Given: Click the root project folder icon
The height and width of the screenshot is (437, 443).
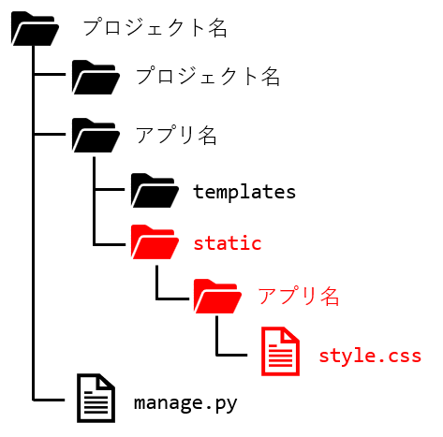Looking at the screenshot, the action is pos(35,29).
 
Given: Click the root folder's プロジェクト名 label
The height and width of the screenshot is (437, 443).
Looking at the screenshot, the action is pos(155,27).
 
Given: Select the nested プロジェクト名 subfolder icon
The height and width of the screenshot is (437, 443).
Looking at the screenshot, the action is pos(96,78).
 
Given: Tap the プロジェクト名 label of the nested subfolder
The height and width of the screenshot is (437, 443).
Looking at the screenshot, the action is pos(208,77).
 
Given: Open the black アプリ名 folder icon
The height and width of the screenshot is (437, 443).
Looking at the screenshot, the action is pos(96,136).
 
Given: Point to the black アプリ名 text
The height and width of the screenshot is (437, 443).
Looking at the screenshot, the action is pos(176,135).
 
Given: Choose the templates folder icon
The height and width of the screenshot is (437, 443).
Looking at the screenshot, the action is pos(155,191).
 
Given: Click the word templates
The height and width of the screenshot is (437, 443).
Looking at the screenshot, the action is pos(244,192).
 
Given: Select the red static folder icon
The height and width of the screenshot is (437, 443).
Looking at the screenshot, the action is pos(155,242).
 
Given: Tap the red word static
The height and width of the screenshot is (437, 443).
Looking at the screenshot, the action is pos(228,243).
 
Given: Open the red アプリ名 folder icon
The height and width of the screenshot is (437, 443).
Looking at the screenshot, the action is pos(217,297).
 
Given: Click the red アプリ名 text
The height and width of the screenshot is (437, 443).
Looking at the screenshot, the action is pos(299,296).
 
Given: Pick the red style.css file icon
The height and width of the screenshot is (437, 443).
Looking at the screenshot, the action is pos(280,351).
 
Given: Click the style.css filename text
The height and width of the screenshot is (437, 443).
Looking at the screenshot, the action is pos(370,356).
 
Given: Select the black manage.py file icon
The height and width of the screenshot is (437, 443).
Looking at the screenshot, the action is pos(96,399).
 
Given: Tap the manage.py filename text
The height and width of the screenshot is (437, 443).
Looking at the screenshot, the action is pos(185,403).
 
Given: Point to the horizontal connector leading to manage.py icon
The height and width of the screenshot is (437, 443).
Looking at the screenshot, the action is pos(49,400).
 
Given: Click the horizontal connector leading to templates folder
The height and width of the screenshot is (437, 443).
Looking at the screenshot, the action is pos(110,189).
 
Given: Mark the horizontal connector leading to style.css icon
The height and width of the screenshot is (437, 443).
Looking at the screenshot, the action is pos(232,355).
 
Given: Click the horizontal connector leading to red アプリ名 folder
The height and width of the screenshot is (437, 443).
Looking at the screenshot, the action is pos(172,299).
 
